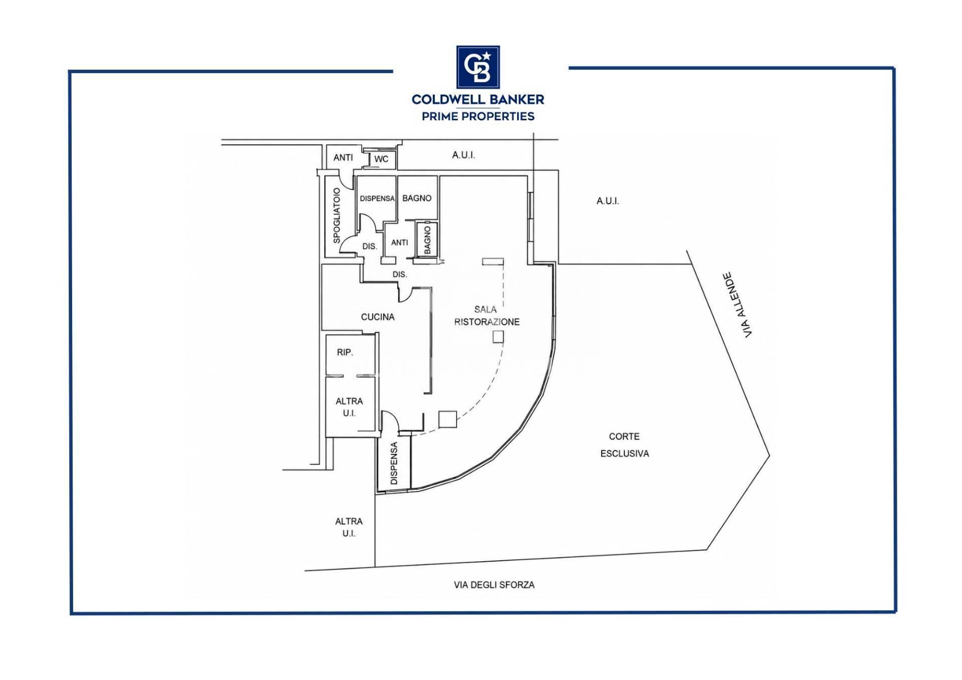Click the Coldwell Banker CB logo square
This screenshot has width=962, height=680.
coord(477,67)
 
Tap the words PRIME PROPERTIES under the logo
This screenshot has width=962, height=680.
coord(478,116)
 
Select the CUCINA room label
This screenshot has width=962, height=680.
coord(378,317)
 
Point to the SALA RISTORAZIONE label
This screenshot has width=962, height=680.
coord(487,316)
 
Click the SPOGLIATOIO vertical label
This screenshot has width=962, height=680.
coord(337,215)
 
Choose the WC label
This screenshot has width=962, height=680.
coord(381,159)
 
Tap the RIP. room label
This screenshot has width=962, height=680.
coord(345,352)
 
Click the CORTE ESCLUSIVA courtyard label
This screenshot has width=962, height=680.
coord(624,445)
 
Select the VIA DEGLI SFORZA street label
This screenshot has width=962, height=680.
coord(494,585)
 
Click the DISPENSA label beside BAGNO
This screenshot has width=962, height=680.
coord(377,198)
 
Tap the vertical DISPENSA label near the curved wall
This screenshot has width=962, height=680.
coord(394,463)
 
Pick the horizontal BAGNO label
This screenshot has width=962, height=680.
coord(417,198)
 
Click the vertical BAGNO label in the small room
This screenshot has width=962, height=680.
coord(427,240)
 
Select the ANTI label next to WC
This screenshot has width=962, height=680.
coord(343,157)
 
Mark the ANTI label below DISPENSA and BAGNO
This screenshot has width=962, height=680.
coord(399,243)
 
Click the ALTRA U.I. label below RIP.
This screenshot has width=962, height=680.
coord(349,407)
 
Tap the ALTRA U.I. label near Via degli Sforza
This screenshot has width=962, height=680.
coord(349,527)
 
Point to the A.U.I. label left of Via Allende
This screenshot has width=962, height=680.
coord(608,201)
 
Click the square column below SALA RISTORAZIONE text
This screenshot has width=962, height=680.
coord(498,337)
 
